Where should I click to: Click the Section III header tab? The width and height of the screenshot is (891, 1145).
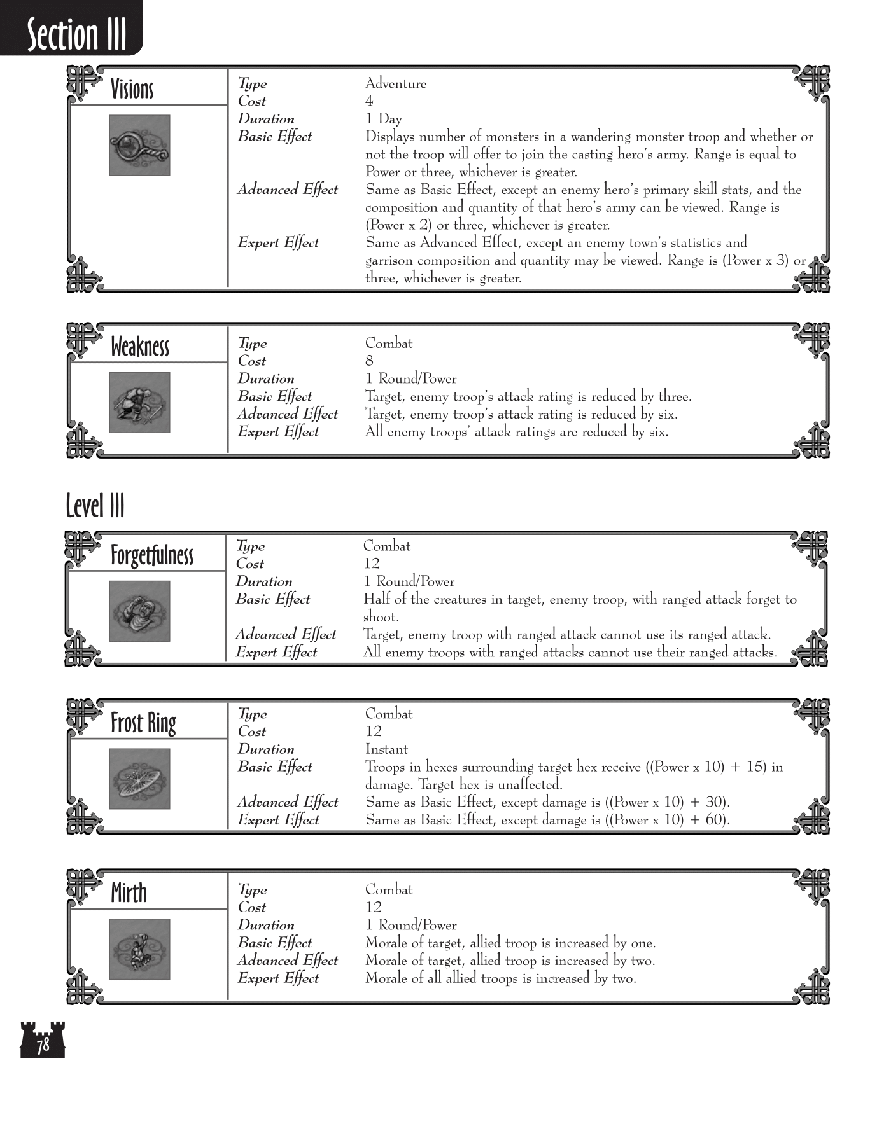tap(76, 33)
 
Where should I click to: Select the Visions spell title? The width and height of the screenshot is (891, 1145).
tap(132, 89)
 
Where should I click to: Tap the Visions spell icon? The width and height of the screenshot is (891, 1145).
tap(139, 145)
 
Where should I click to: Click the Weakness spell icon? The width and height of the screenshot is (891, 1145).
tap(139, 403)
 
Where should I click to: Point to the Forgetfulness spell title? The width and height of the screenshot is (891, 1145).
tap(151, 555)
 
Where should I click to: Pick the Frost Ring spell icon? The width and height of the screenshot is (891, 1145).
tap(139, 779)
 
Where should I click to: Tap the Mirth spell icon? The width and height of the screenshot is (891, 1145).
tap(139, 948)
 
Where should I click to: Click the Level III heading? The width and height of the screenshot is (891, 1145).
tap(95, 506)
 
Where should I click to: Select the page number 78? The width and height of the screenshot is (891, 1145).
tap(43, 1045)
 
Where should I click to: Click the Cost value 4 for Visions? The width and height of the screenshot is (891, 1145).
tap(369, 101)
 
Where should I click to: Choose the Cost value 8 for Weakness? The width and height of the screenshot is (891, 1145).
tap(369, 361)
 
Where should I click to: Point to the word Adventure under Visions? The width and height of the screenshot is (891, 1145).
tap(395, 83)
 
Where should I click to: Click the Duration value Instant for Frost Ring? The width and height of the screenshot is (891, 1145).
tap(386, 749)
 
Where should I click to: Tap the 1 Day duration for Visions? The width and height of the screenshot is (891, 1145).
tap(383, 119)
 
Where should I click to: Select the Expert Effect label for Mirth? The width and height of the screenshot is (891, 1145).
tap(278, 978)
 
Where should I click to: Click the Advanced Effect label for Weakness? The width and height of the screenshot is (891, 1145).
tap(288, 414)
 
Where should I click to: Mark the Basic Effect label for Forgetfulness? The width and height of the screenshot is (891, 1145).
tap(273, 599)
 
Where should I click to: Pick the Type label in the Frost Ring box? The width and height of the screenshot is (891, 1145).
tap(252, 714)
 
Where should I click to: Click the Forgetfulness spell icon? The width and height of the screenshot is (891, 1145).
tap(139, 611)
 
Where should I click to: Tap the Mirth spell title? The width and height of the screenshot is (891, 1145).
tap(129, 892)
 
